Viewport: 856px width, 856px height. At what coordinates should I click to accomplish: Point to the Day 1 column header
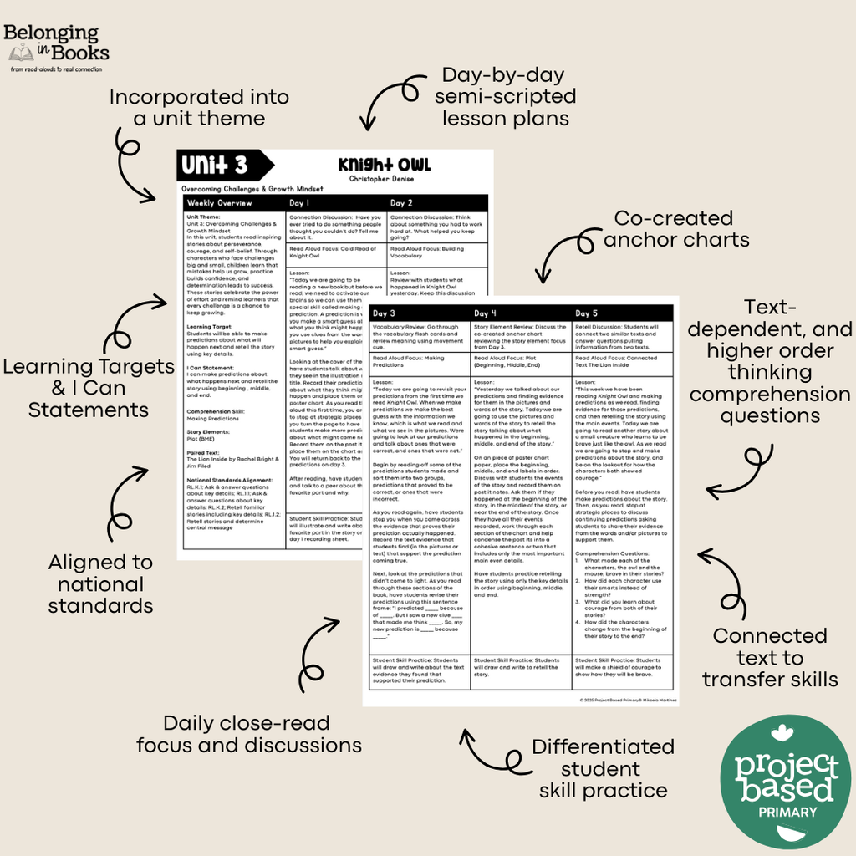tap(299, 203)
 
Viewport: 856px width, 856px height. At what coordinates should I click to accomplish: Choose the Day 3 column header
tap(386, 313)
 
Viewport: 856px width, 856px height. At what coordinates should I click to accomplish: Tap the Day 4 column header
tap(488, 313)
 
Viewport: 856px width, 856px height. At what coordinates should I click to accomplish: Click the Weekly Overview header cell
tap(218, 203)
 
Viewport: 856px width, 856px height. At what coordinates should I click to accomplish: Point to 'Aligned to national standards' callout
tap(100, 583)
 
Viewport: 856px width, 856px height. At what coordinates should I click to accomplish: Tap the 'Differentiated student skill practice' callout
tap(603, 768)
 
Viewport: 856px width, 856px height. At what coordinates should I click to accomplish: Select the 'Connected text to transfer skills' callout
tap(769, 657)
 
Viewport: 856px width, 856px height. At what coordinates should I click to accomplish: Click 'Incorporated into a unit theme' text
tap(199, 108)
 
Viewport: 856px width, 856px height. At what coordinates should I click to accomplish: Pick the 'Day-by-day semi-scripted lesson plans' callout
tap(505, 96)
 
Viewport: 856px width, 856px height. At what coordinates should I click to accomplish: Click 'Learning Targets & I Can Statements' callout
tap(89, 388)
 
